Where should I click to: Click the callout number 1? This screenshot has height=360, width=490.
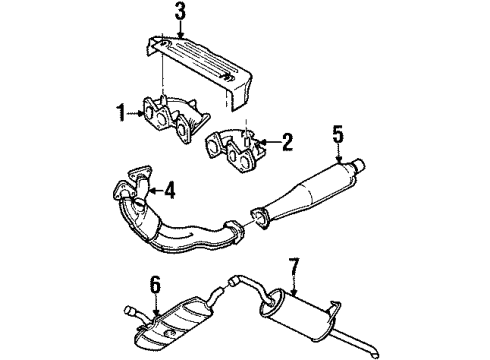(121, 112)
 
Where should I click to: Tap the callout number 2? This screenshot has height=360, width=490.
(287, 142)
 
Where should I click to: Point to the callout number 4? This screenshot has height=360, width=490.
(170, 191)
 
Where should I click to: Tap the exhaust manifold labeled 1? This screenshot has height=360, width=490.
(174, 119)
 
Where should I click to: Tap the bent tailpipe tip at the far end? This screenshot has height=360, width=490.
(376, 352)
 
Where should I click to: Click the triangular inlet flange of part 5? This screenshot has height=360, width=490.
(260, 217)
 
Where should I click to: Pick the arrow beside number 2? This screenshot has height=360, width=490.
(269, 142)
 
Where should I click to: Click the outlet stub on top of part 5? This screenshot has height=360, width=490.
(359, 166)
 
